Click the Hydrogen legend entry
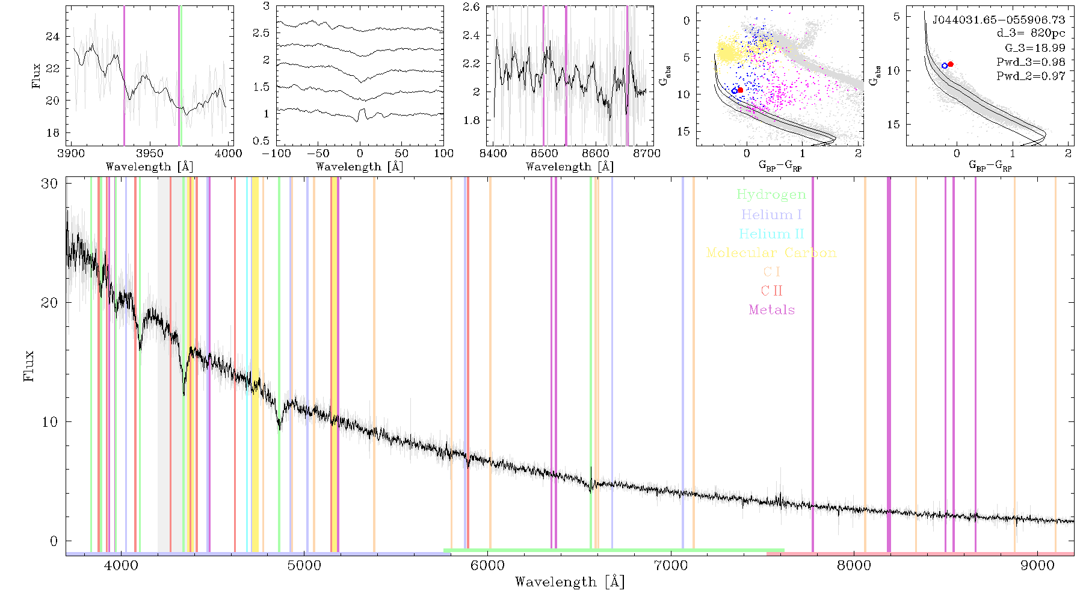point(771,194)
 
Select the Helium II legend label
point(771,234)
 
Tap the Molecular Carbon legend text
point(771,253)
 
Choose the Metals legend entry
point(771,310)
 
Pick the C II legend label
point(771,291)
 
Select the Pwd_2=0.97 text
point(1031,76)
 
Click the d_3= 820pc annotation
point(1031,34)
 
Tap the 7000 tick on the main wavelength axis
point(670,566)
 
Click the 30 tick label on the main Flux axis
point(49,183)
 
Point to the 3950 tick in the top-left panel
point(150,153)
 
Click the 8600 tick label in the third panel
point(596,153)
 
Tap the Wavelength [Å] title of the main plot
point(570,582)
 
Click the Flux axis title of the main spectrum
point(28,365)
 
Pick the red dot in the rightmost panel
point(951,64)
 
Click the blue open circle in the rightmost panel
point(945,66)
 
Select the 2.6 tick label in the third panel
point(471,7)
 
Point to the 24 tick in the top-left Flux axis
point(53,37)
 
